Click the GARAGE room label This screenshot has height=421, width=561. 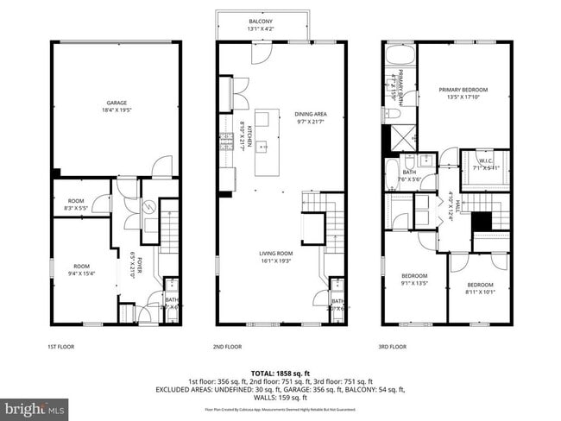point(117,103)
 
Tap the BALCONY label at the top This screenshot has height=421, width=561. point(262,21)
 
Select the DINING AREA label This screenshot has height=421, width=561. point(311,114)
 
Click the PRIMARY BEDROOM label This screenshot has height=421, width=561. point(463,90)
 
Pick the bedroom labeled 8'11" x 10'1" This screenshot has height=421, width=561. point(481,285)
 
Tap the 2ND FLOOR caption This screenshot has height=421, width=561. point(227,347)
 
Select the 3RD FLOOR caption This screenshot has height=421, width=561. point(393,347)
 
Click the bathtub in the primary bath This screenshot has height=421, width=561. point(400,55)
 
